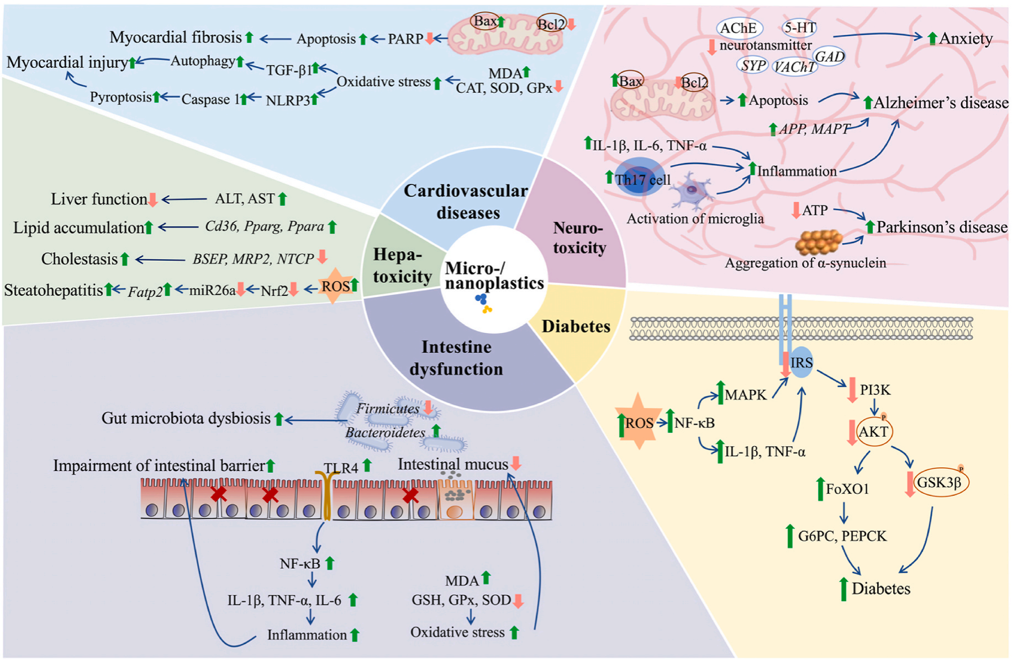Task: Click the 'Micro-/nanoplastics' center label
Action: (494, 276)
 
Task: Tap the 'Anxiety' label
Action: (965, 38)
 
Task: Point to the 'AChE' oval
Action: (738, 28)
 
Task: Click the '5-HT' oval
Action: (799, 27)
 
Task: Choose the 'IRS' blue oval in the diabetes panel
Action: (801, 363)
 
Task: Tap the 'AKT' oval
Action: (873, 431)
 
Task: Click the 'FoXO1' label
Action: (847, 489)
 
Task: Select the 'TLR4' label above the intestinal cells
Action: (341, 468)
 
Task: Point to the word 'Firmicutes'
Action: (388, 409)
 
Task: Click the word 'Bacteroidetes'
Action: (385, 432)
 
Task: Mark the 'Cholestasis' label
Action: (80, 258)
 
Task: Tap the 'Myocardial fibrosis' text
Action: (176, 37)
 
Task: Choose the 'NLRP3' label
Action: (288, 101)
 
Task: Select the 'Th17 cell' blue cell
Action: (641, 178)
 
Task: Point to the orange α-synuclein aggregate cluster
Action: (819, 241)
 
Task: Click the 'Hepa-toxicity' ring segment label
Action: (402, 265)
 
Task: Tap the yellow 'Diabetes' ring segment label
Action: (576, 326)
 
